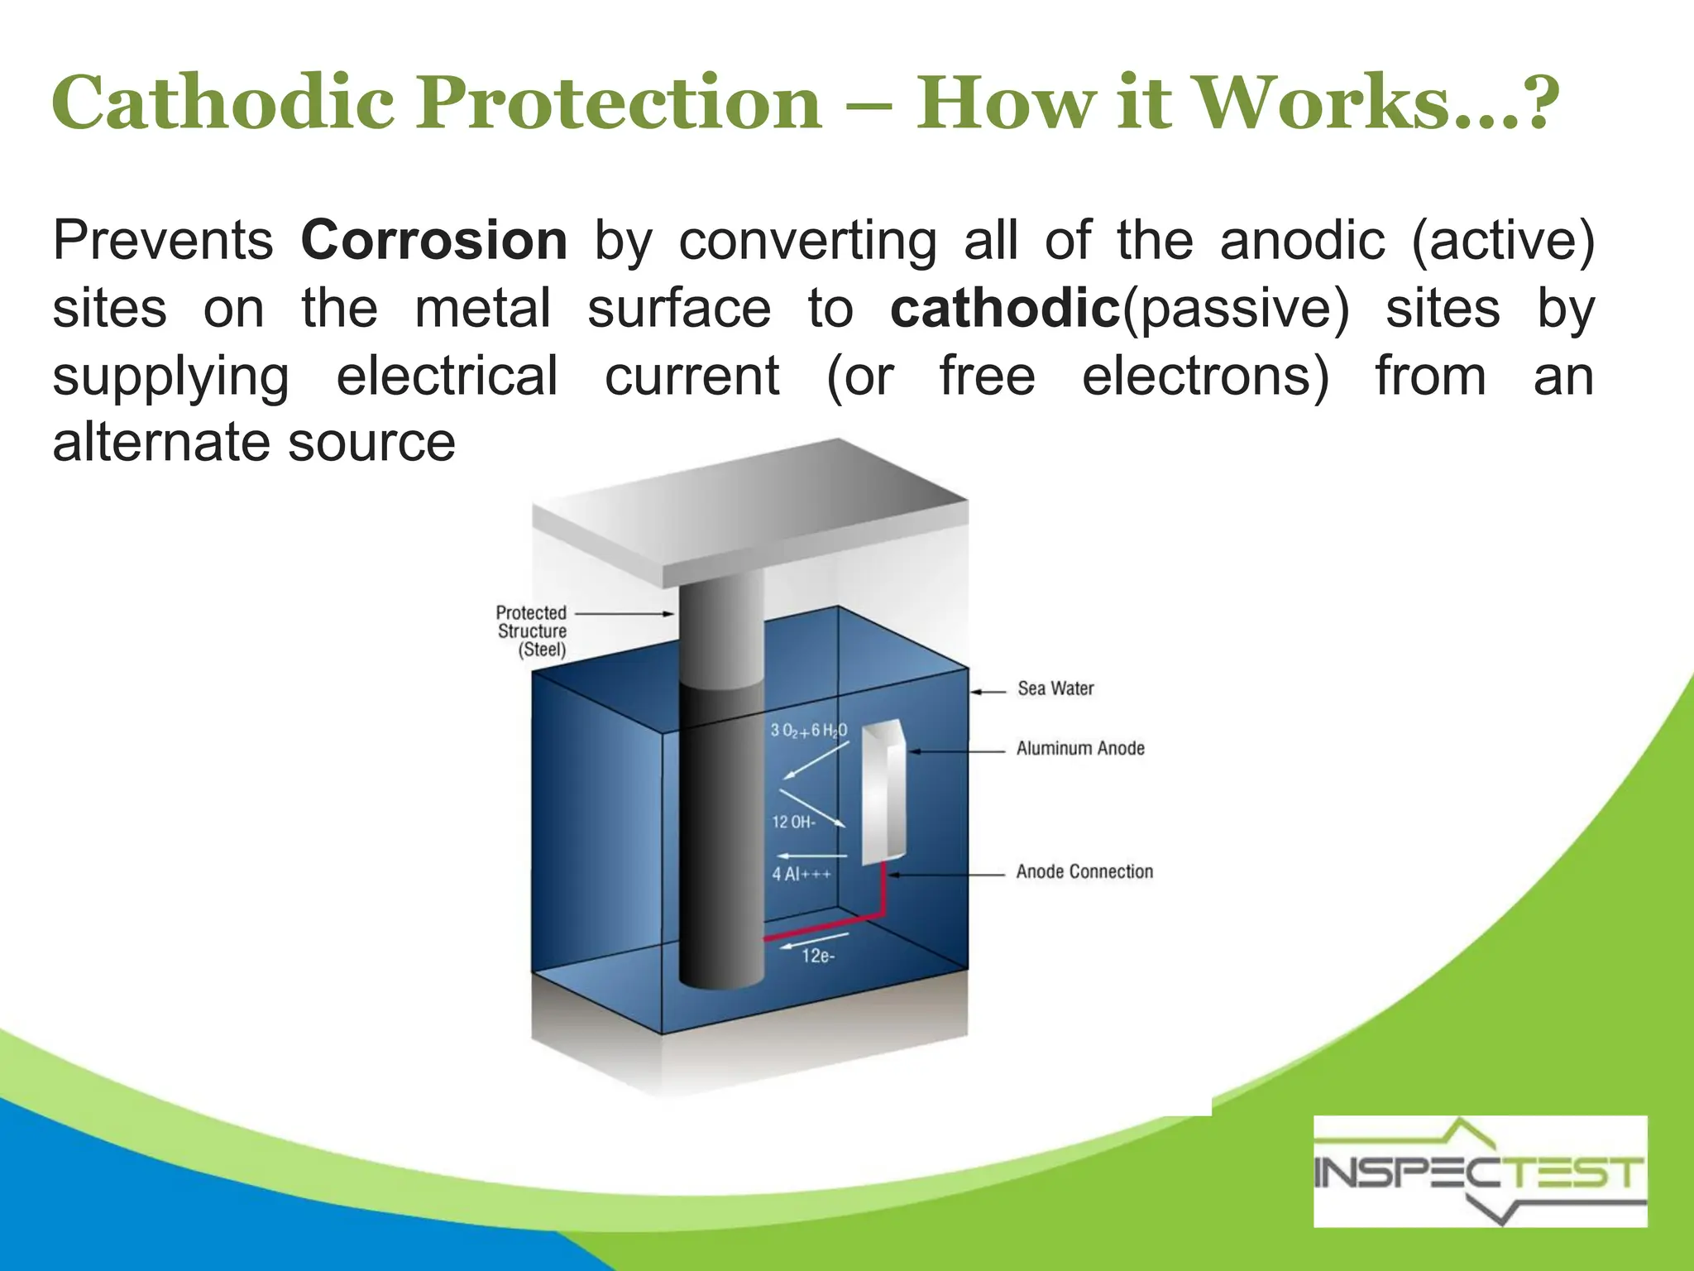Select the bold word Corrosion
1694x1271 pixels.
[433, 241]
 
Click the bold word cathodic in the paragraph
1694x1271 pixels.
[1004, 309]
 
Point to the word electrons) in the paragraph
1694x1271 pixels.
[1205, 377]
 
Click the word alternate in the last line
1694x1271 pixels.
[157, 442]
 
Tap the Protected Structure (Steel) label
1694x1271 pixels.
[532, 631]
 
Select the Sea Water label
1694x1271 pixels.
[1055, 688]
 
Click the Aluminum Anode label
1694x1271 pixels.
[1080, 749]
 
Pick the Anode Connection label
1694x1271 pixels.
[1084, 871]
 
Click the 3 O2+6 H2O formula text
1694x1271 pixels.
[808, 730]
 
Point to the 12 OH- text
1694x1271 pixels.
[793, 822]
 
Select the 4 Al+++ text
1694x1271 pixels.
[801, 874]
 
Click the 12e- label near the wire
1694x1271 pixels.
[818, 957]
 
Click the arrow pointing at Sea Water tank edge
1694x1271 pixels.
[988, 691]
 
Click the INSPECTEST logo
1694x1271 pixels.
[1480, 1171]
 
